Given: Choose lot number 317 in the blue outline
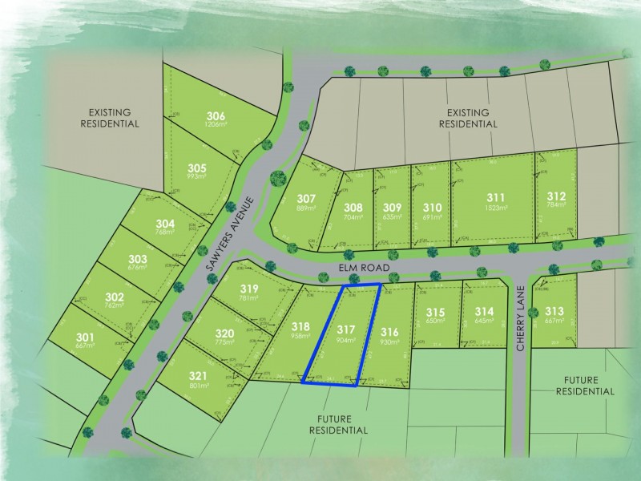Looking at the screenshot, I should point(345,329).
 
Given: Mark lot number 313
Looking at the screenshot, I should point(554,311).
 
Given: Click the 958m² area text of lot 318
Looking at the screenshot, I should point(300,338).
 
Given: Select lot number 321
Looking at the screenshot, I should point(198,375).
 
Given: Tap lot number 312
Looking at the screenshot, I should point(556,196).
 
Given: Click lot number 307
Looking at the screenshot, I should point(305,198).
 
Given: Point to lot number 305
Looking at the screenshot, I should point(198,168).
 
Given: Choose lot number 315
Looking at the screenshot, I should point(435,312).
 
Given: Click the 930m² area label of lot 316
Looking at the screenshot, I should point(390,342).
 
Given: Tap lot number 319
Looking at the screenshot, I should point(248,289).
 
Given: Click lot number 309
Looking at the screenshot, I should point(392,206).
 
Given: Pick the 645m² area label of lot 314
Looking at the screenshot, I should point(484,321).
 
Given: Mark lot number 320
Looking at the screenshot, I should point(224,333).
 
